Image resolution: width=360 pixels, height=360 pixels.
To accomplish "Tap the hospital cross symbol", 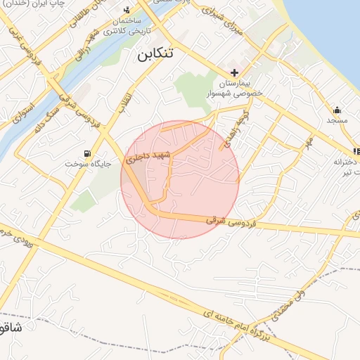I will coord(235,73).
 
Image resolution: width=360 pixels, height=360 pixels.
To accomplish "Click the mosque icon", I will coord(337,110).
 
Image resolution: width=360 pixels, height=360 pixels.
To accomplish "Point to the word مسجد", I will coord(337,121).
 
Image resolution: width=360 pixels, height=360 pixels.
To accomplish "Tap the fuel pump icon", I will coord(87,153).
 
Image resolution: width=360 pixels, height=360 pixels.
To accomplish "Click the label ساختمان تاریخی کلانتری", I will coord(126,26).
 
